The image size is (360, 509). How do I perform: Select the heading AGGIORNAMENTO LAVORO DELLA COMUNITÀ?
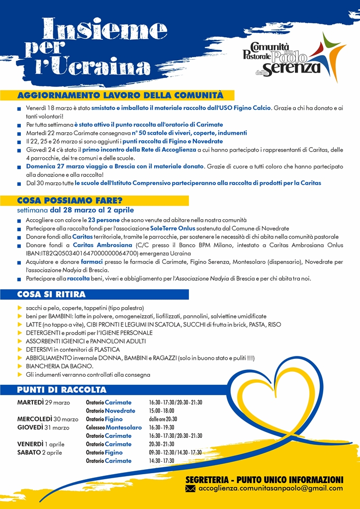pyautogui.click(x=120, y=95)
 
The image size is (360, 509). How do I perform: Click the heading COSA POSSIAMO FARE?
pyautogui.click(x=70, y=200)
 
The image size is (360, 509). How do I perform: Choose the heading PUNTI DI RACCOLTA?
pyautogui.click(x=62, y=389)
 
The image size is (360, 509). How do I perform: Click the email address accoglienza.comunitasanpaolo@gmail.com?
pyautogui.click(x=270, y=488)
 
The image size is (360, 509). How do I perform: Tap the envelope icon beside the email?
pyautogui.click(x=190, y=489)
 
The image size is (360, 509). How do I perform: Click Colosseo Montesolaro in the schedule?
pyautogui.click(x=113, y=427)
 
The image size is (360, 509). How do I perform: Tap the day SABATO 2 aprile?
pyautogui.click(x=40, y=452)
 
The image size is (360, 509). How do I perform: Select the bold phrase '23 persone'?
pyautogui.click(x=103, y=219)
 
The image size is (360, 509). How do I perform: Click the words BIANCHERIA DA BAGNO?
pyautogui.click(x=60, y=366)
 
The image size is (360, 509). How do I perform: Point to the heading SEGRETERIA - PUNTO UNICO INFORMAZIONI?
pyautogui.click(x=264, y=479)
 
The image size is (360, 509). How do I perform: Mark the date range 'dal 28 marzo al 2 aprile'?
pyautogui.click(x=91, y=210)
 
